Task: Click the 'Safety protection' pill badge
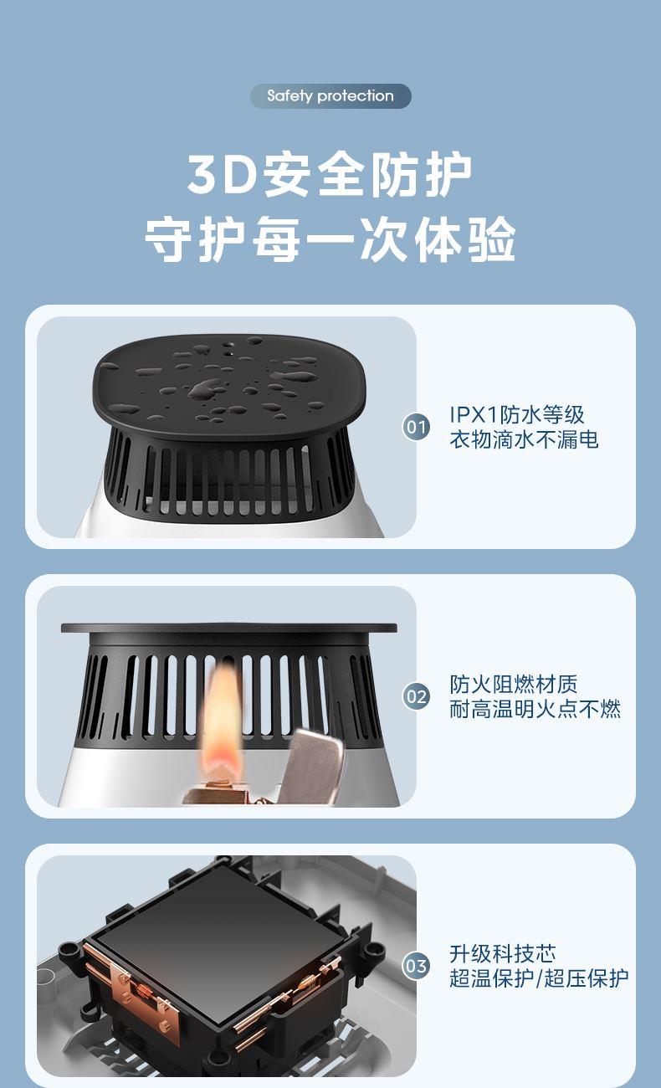(x=330, y=95)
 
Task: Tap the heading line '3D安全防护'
(x=330, y=174)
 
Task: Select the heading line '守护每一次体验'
(x=330, y=239)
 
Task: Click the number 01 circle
(x=416, y=428)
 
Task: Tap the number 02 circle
(x=416, y=697)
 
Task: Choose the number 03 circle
(x=416, y=966)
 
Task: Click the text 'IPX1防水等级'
(x=517, y=415)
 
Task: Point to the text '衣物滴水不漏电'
(x=524, y=439)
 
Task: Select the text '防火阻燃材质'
(x=514, y=685)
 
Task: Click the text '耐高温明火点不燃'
(x=535, y=709)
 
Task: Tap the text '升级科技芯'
(x=503, y=953)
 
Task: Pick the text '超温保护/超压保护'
(x=539, y=978)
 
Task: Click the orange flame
(x=222, y=715)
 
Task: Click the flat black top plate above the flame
(x=228, y=628)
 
